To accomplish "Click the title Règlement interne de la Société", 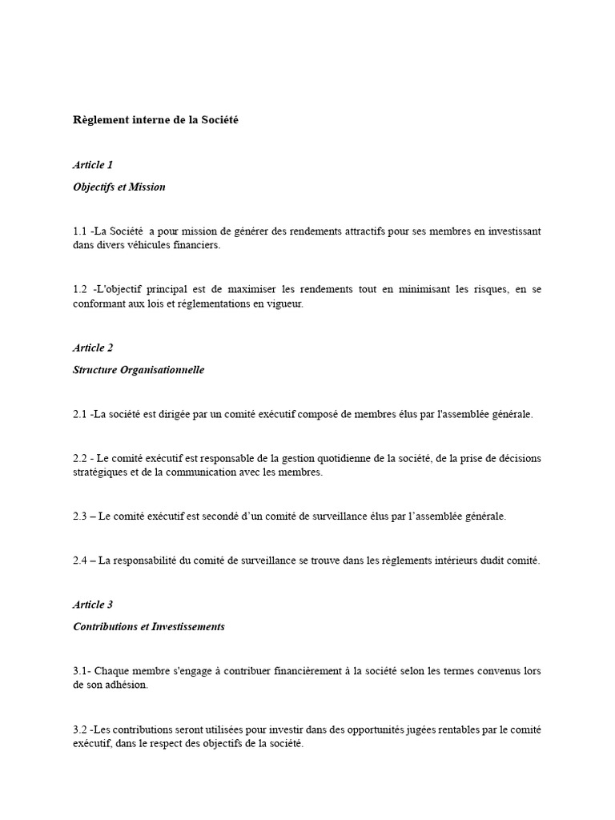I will [156, 120].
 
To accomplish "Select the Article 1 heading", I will [93, 165].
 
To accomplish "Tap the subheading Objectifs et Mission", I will [119, 187].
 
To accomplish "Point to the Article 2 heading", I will [93, 348].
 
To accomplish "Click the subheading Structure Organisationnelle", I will [139, 370].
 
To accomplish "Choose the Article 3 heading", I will [93, 605].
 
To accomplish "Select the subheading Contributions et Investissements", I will [149, 627].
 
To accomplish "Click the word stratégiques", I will [98, 472].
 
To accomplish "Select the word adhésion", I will [127, 685].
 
